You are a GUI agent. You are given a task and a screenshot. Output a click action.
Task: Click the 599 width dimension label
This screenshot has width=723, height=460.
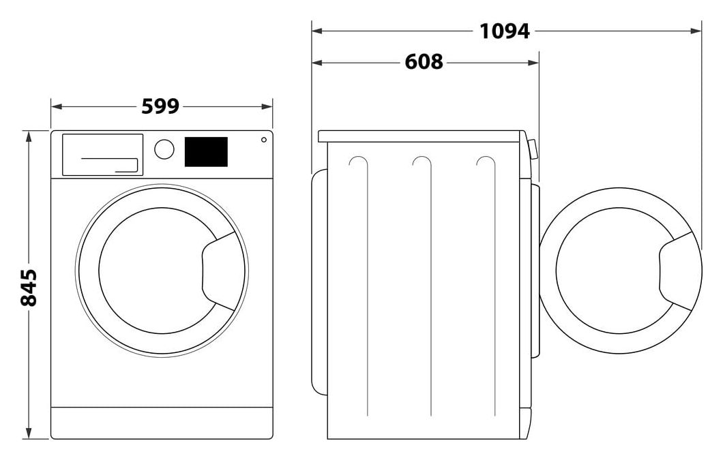(160, 106)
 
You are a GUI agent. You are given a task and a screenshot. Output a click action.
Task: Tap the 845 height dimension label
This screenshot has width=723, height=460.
(29, 288)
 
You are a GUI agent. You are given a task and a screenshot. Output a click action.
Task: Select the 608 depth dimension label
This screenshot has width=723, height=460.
(424, 62)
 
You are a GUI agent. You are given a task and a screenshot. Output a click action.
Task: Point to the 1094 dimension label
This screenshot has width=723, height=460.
(505, 31)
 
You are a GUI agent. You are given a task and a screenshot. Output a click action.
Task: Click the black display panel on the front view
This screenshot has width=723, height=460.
(206, 152)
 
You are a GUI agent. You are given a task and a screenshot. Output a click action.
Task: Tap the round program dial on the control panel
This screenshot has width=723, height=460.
(164, 149)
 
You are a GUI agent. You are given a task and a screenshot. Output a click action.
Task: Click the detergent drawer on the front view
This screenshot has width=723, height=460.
(102, 155)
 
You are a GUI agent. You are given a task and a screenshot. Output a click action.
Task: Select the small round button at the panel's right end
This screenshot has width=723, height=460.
(264, 140)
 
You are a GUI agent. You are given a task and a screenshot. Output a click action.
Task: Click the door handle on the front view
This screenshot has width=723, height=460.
(219, 271)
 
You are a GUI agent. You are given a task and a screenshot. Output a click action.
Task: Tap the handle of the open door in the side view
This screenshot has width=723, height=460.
(677, 271)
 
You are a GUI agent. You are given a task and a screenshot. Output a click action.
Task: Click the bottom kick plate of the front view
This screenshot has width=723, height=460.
(162, 423)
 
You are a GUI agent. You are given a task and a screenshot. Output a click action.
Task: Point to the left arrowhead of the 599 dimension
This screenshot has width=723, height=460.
(56, 107)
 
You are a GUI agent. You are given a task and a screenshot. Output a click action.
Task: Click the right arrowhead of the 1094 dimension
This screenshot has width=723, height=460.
(696, 31)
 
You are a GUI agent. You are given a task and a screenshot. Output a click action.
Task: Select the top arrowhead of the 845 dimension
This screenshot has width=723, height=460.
(29, 137)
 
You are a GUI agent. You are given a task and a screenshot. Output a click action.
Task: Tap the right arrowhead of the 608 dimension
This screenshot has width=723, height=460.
(533, 62)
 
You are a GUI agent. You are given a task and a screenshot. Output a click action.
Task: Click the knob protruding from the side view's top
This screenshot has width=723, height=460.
(533, 149)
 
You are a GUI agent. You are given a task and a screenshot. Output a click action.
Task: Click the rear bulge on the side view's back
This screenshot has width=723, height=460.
(319, 282)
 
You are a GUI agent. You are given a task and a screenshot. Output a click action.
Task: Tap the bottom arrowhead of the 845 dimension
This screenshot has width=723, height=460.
(29, 433)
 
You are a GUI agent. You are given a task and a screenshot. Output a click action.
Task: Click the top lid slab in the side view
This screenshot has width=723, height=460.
(421, 136)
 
